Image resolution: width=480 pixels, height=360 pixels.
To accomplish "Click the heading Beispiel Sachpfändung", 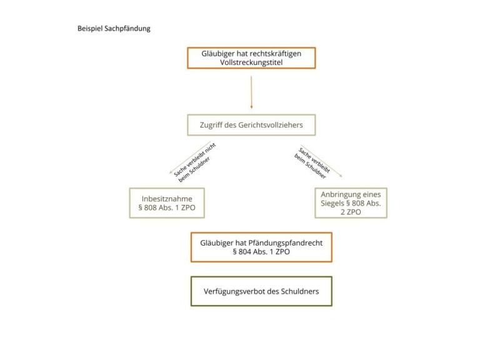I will coord(114,29).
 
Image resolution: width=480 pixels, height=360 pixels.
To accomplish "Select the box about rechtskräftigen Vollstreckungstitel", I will coord(251,57).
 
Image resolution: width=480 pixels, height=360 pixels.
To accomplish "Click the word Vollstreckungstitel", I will coord(252,63).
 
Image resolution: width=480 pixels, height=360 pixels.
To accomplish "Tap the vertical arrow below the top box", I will coord(251,92).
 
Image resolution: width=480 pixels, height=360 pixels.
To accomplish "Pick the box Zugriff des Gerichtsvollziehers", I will coord(251,125).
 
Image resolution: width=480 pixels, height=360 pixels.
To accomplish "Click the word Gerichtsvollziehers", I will coord(273,125).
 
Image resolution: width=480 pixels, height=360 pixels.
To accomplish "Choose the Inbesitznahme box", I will coord(166,203).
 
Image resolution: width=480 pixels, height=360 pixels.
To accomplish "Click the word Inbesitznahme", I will coord(166,198).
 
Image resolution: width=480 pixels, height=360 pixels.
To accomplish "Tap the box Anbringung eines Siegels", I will coord(350,203).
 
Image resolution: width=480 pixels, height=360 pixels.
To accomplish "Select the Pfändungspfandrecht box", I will coord(261,247).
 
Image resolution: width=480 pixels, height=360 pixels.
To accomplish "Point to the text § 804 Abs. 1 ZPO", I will coord(261,252).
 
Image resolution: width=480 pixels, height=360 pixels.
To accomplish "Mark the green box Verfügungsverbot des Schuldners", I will coord(261,291).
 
